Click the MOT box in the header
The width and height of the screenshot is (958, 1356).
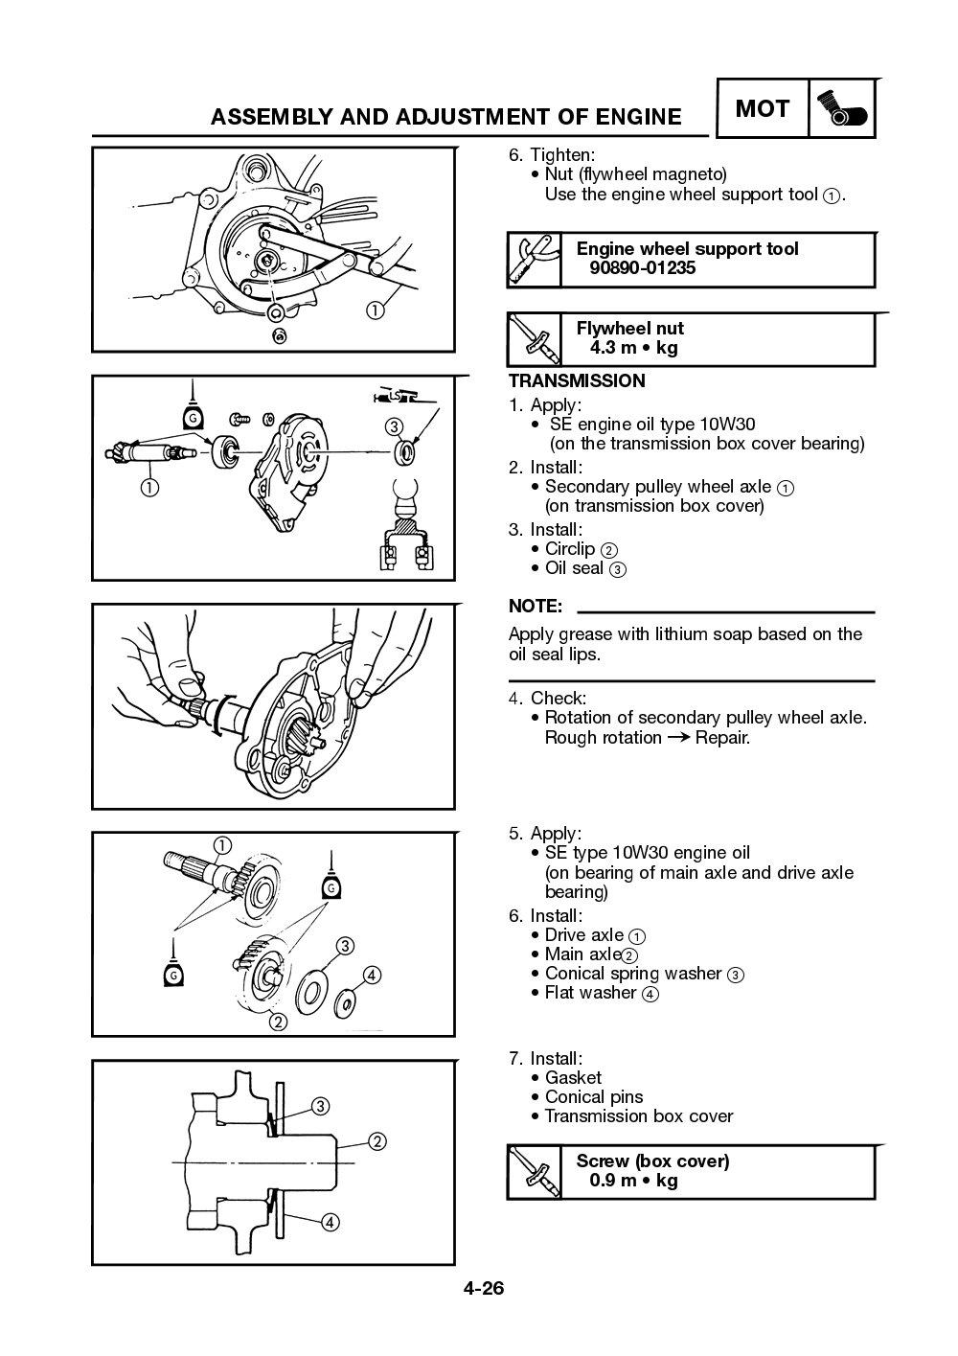[x=762, y=109]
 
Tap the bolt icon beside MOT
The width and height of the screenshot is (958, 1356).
[x=842, y=110]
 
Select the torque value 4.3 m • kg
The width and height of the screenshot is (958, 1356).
[x=633, y=348]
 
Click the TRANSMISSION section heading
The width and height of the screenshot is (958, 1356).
[x=577, y=381]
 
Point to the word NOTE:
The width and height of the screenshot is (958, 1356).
[x=535, y=607]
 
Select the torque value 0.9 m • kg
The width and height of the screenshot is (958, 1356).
[x=633, y=1181]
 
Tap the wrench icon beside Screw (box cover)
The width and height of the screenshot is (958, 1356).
[x=534, y=1171]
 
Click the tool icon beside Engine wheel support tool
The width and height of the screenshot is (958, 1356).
[x=534, y=259]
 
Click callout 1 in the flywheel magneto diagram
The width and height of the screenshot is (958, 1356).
[x=375, y=310]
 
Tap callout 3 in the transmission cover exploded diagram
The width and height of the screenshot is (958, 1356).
[x=394, y=426]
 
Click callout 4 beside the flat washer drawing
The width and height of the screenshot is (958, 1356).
[x=372, y=976]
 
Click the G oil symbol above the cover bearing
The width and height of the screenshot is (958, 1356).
[x=193, y=418]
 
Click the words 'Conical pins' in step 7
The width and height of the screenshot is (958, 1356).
[x=593, y=1097]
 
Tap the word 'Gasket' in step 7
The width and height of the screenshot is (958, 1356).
[x=573, y=1078]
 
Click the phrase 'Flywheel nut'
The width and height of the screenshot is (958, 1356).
[x=629, y=329]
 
